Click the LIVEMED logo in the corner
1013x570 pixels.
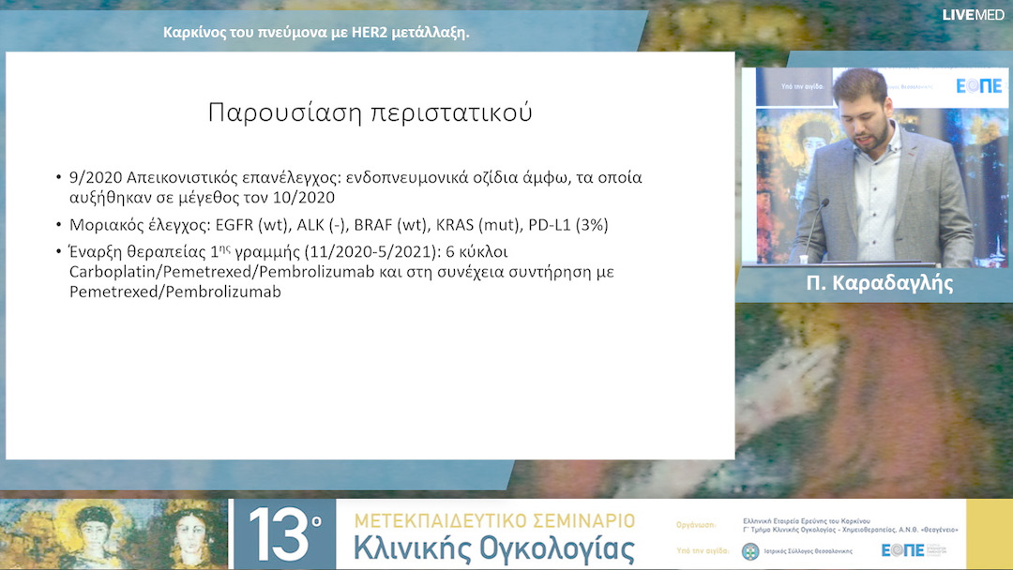pos(973,14)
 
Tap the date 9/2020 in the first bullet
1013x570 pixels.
pos(96,177)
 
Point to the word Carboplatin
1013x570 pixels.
pos(115,272)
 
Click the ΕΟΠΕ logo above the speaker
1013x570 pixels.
pos(977,85)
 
